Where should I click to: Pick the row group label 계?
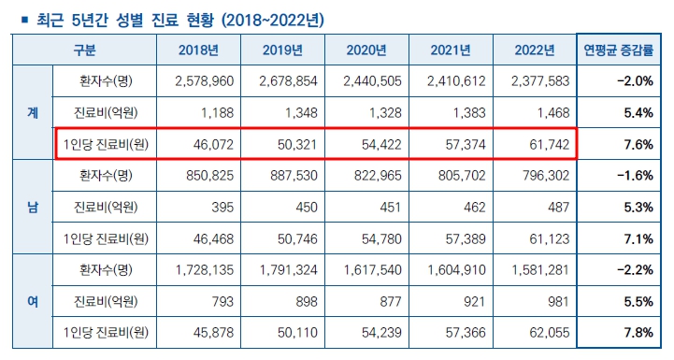pos(33,112)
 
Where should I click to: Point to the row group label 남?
pos(33,207)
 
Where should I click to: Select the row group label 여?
pos(33,301)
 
